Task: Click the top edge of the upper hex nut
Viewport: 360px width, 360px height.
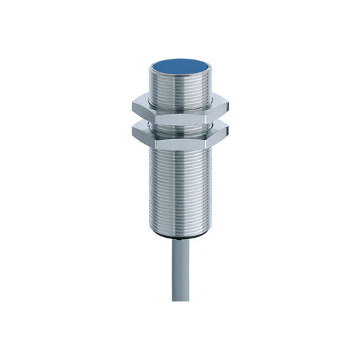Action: coord(179,99)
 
